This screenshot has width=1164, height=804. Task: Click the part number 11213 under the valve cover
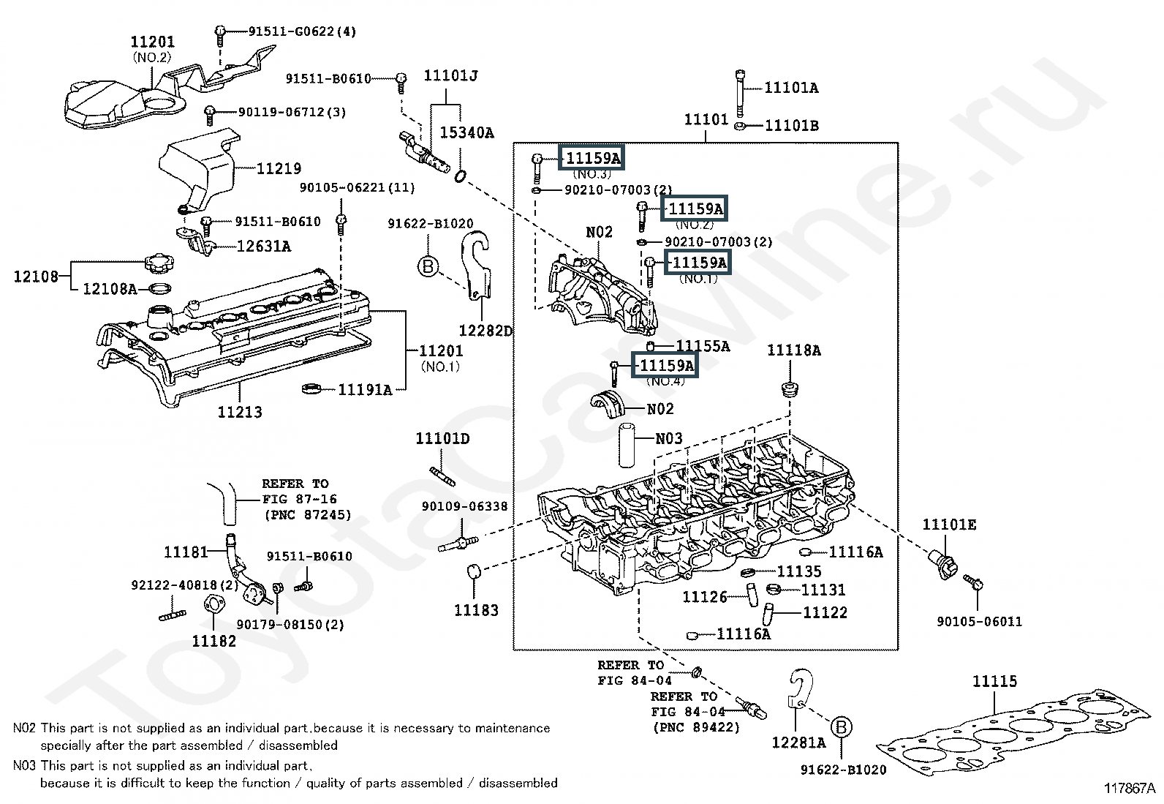coord(240,412)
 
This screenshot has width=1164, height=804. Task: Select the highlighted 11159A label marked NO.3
coord(592,157)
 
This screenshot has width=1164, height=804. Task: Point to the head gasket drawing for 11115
coord(1013,733)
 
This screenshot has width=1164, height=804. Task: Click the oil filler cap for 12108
coord(159,263)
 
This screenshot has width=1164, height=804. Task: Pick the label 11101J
coord(450,76)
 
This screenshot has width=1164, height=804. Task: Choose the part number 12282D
coord(485,330)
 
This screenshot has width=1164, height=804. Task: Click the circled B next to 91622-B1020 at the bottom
coord(841,726)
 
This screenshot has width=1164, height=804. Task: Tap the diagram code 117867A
coord(1129,789)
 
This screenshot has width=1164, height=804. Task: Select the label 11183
coord(476,610)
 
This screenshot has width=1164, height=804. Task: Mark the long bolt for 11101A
coord(740,93)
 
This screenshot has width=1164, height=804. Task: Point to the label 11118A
coord(794,350)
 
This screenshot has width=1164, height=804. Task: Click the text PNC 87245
coord(308,515)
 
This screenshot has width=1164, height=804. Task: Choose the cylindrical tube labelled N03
coord(628,446)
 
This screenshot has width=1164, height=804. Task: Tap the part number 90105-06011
coord(979,621)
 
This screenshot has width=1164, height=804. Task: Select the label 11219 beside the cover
coord(279,168)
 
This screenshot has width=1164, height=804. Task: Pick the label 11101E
coord(949,525)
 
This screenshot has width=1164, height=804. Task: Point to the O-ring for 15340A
coord(460,176)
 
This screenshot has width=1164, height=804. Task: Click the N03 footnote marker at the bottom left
coord(24,765)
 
